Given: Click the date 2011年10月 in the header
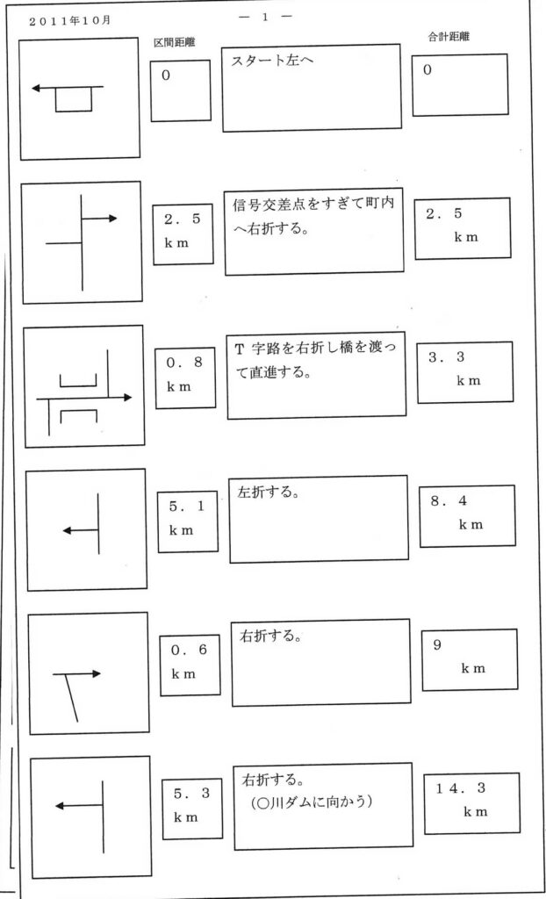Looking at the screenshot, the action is (69, 21).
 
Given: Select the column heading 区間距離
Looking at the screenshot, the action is (175, 44).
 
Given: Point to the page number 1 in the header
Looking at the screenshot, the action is (266, 17).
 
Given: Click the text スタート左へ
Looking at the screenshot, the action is (272, 61).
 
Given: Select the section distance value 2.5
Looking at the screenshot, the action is (183, 219).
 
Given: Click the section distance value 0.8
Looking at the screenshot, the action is (184, 363).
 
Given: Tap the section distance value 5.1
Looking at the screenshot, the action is (187, 507).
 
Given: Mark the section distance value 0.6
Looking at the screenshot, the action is (190, 651).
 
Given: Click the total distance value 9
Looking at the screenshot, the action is (438, 645).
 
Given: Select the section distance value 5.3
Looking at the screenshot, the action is (191, 794).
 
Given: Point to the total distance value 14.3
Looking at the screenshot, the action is (461, 789).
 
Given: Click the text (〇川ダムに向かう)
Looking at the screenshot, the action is (313, 802).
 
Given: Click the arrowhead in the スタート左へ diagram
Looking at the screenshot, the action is (36, 89).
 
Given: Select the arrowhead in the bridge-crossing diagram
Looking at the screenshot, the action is (127, 398).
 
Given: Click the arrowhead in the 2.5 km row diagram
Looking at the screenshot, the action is (113, 218).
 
